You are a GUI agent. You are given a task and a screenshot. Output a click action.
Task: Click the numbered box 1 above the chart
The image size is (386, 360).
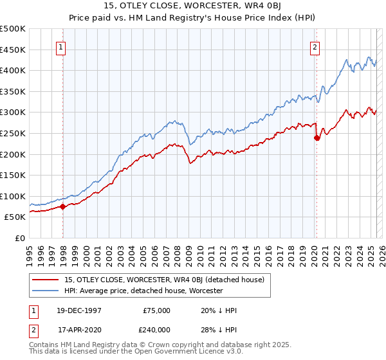point(60,47)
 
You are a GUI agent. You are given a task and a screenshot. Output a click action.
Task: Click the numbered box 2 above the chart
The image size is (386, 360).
point(315,47)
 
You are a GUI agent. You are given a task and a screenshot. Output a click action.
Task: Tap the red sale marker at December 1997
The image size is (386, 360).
point(63,206)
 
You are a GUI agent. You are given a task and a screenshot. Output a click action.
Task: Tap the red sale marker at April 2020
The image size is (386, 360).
point(317,137)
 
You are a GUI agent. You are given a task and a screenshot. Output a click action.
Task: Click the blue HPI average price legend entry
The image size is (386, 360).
point(143,291)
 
